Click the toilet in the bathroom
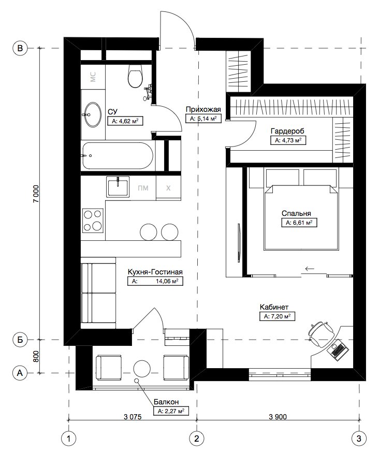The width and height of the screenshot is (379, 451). point(135,76)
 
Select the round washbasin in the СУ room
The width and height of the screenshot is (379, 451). point(93,114)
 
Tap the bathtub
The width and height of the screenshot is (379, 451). point(118,156)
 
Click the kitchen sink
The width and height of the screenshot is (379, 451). point(118,186)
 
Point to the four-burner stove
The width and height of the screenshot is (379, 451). point(93,221)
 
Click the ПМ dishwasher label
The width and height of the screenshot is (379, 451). point(143,188)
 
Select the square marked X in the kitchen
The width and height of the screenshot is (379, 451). point(168,188)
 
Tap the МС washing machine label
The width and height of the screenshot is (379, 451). point(93,77)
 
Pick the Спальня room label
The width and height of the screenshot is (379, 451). point(296,213)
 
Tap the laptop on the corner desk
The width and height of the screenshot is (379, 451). point(338,349)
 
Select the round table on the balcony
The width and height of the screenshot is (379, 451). point(142,368)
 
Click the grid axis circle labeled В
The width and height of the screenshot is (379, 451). point(20,48)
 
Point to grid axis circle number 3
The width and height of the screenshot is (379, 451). point(359,439)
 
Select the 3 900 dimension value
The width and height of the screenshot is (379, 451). point(278,416)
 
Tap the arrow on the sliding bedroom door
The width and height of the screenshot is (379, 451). point(309,269)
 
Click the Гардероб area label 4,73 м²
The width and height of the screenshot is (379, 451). point(288,140)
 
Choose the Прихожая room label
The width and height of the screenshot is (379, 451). point(203,109)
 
